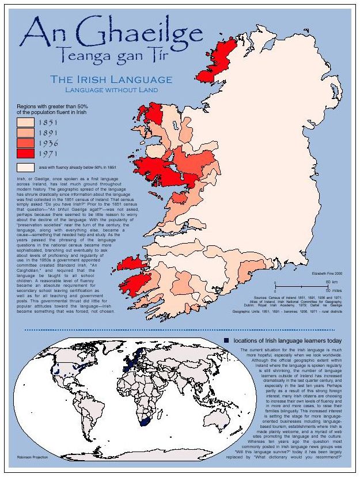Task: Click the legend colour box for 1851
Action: [25, 123]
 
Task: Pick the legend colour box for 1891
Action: [25, 133]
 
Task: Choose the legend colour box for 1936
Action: [25, 143]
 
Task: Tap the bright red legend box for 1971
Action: [25, 154]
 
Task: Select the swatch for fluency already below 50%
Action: [25, 168]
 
